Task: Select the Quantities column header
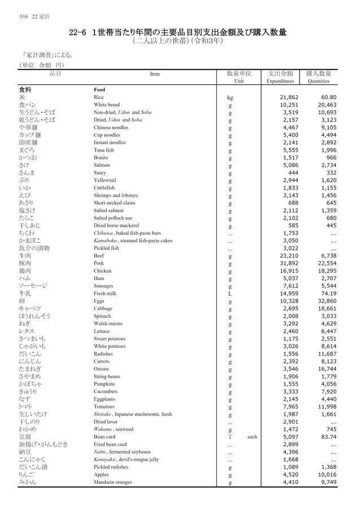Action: (318, 81)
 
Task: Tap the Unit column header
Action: (238, 81)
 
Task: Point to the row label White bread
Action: (107, 105)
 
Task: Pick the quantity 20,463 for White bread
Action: (326, 105)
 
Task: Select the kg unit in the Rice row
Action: (230, 97)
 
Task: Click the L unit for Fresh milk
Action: (229, 294)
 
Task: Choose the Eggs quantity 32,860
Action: (326, 301)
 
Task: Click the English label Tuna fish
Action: (104, 150)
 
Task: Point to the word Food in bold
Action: (99, 90)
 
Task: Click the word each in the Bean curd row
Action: (253, 437)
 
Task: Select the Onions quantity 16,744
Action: (326, 369)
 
